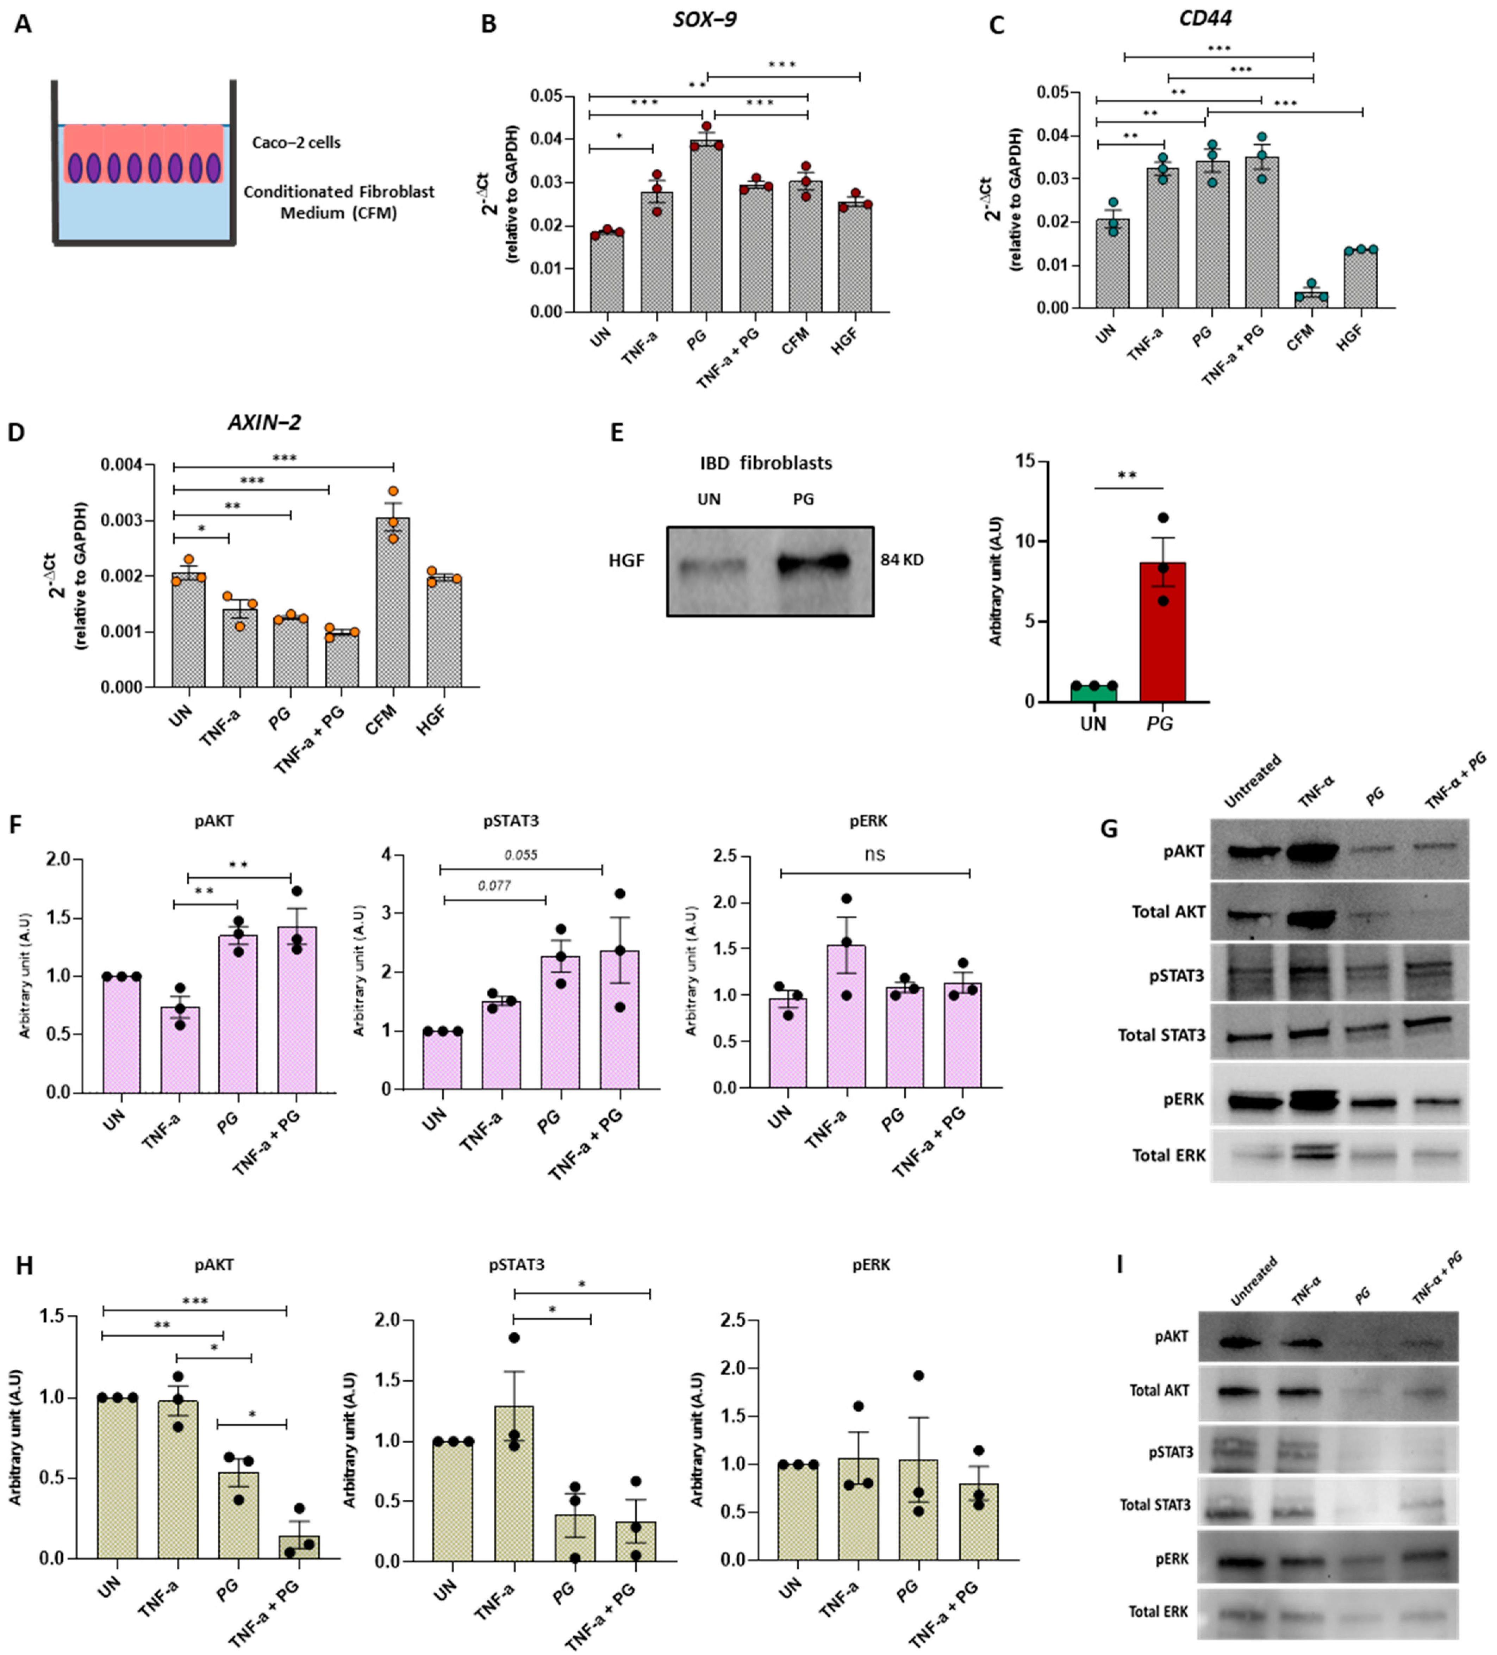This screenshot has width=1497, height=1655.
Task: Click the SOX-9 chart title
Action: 704,19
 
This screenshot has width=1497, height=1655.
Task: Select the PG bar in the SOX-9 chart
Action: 706,230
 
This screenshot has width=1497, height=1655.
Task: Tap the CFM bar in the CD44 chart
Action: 1311,300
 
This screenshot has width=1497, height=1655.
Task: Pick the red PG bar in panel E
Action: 1162,632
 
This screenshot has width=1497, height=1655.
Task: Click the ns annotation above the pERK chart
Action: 874,854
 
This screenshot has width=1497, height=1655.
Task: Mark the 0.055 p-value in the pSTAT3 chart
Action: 520,854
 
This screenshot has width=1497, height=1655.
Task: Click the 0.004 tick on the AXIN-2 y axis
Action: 121,466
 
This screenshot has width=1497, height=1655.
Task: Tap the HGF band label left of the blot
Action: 626,561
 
